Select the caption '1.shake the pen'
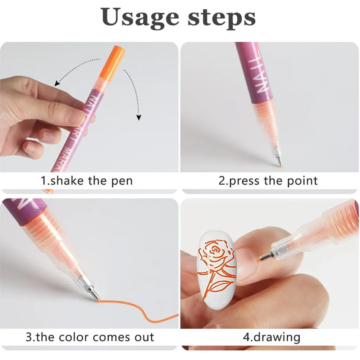86,181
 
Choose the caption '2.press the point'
268,181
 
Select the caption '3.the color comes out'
90,337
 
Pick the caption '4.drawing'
272,337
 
